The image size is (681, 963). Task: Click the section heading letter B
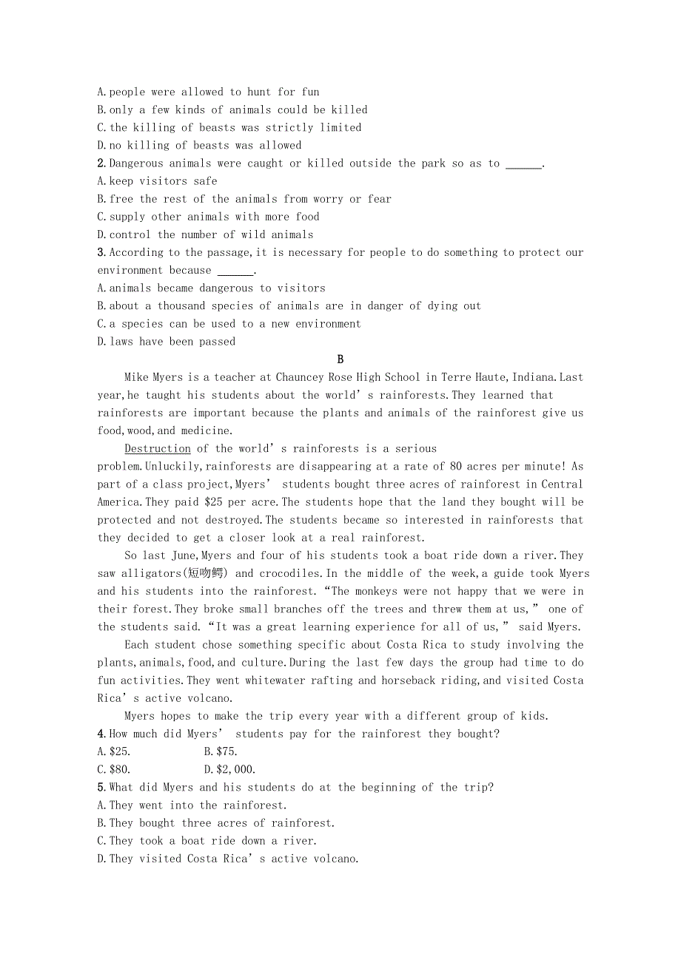coord(340,359)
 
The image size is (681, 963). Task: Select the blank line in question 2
coord(523,164)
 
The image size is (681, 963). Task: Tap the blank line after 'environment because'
coord(235,271)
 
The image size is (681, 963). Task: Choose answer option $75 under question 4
coord(221,752)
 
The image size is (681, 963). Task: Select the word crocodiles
coord(289,573)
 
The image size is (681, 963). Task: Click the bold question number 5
coord(101,788)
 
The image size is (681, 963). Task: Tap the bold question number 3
coord(101,253)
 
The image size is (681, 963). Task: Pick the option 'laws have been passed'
coord(167,342)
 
